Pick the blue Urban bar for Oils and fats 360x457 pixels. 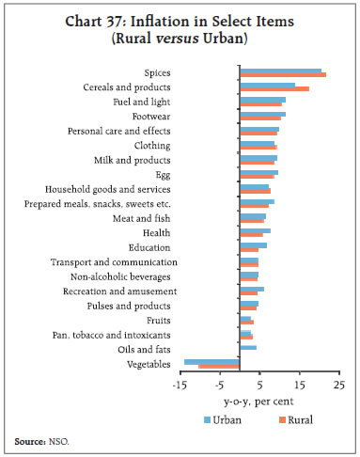[248, 347]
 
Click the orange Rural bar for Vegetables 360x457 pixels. [219, 366]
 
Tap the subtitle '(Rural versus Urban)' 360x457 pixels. [180, 39]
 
